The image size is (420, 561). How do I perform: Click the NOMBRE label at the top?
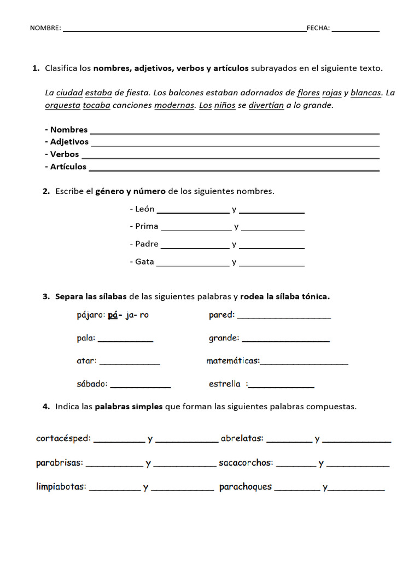pyautogui.click(x=45, y=28)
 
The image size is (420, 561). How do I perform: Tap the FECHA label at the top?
pyautogui.click(x=318, y=28)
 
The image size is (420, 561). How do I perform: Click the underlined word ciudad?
pyautogui.click(x=69, y=93)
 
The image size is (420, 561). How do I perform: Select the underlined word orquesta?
pyautogui.click(x=62, y=105)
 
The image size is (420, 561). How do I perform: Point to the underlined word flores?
pyautogui.click(x=308, y=93)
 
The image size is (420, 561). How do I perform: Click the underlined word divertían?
pyautogui.click(x=266, y=105)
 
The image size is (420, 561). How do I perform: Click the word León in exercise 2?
pyautogui.click(x=144, y=209)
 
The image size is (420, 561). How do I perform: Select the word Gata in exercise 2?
pyautogui.click(x=144, y=262)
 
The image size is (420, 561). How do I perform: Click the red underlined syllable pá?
pyautogui.click(x=113, y=315)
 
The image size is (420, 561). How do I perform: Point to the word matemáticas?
pyautogui.click(x=233, y=361)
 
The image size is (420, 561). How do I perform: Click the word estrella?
pyautogui.click(x=225, y=384)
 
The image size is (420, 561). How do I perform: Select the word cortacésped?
pyautogui.click(x=63, y=438)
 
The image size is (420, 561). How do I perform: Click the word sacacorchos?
pyautogui.click(x=245, y=463)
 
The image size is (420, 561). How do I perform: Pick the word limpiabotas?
pyautogui.click(x=61, y=486)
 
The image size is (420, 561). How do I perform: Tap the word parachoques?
pyautogui.click(x=246, y=486)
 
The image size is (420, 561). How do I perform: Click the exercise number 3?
pyautogui.click(x=46, y=297)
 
